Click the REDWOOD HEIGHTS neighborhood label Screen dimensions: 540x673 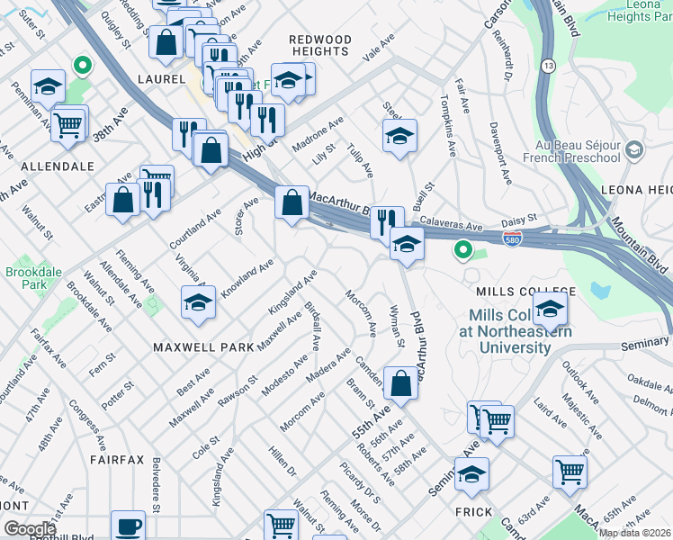[x=319, y=45]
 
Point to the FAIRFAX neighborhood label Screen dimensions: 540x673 [x=117, y=459]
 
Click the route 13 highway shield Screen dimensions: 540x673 [x=549, y=66]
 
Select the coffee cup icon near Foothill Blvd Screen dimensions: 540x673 [x=128, y=526]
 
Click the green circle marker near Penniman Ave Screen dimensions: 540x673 [x=82, y=65]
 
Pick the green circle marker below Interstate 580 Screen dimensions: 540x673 [x=463, y=249]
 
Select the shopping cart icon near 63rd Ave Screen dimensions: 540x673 [x=570, y=470]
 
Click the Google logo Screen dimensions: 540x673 [x=31, y=528]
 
